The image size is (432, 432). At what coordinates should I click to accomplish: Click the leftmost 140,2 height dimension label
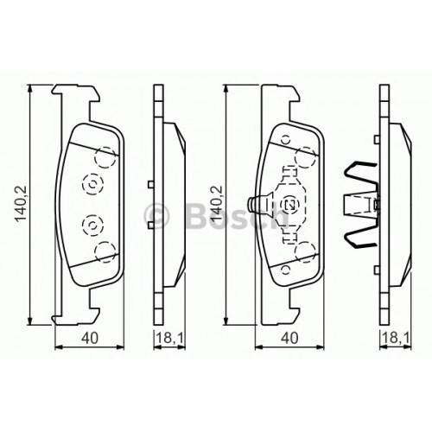(21, 204)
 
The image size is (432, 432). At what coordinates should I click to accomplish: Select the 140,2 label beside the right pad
(217, 204)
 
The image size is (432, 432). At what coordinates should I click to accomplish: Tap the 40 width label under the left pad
(90, 338)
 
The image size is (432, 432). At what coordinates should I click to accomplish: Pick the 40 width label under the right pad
(289, 338)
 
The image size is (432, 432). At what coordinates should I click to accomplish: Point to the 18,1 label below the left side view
(169, 338)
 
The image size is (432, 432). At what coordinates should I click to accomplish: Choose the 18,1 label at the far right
(396, 338)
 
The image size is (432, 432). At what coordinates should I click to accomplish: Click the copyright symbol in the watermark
(156, 215)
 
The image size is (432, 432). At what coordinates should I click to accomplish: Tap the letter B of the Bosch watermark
(199, 214)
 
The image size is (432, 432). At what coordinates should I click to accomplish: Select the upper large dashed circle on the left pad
(105, 157)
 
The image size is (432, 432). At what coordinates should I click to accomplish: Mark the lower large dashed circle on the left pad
(105, 251)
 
